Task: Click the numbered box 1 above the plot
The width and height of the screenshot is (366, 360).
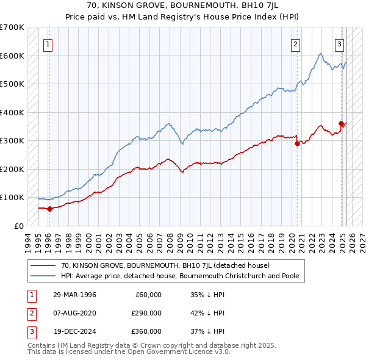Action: pos(48,43)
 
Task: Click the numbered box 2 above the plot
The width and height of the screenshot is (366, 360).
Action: pos(295,43)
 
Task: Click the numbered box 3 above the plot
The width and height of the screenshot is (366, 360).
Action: pos(339,43)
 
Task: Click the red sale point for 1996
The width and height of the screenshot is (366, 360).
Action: pos(49,209)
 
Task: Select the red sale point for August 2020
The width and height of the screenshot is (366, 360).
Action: pos(297,144)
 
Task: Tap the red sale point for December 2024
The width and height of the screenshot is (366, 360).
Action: pos(342,124)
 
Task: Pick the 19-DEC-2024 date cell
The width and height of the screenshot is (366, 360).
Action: pos(74,331)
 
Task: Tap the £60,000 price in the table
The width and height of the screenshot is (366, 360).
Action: pos(148,295)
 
